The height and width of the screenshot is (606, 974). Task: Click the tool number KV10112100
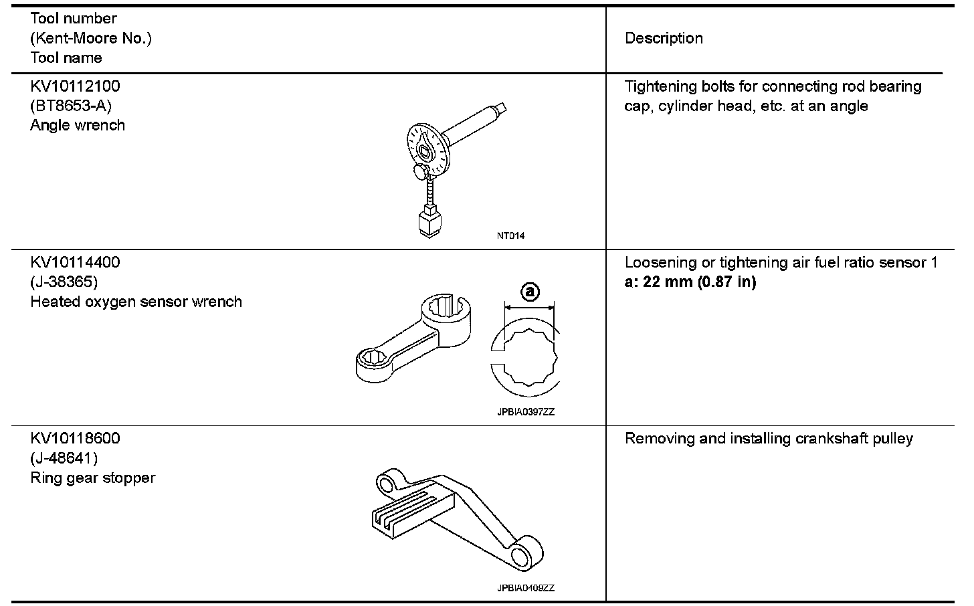pyautogui.click(x=75, y=86)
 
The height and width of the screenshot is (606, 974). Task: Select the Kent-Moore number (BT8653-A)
pyautogui.click(x=71, y=106)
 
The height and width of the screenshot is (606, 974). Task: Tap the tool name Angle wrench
pyautogui.click(x=78, y=125)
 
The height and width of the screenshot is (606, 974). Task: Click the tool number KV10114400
pyautogui.click(x=75, y=262)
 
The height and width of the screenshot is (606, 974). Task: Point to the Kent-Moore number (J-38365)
pyautogui.click(x=64, y=282)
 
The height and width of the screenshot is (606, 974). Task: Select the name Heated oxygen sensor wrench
pyautogui.click(x=136, y=302)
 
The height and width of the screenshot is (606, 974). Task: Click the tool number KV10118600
pyautogui.click(x=75, y=439)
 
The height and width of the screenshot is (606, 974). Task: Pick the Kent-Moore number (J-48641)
pyautogui.click(x=64, y=458)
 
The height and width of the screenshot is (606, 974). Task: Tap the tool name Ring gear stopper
pyautogui.click(x=92, y=478)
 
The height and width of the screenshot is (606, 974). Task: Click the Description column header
pyautogui.click(x=664, y=38)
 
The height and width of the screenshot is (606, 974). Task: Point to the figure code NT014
pyautogui.click(x=510, y=235)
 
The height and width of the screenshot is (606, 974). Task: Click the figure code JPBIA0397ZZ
pyautogui.click(x=526, y=412)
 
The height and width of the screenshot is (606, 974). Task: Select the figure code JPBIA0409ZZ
pyautogui.click(x=526, y=588)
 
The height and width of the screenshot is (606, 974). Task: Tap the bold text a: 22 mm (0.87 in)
pyautogui.click(x=690, y=282)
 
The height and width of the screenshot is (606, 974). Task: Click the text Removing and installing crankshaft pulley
pyautogui.click(x=769, y=439)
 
